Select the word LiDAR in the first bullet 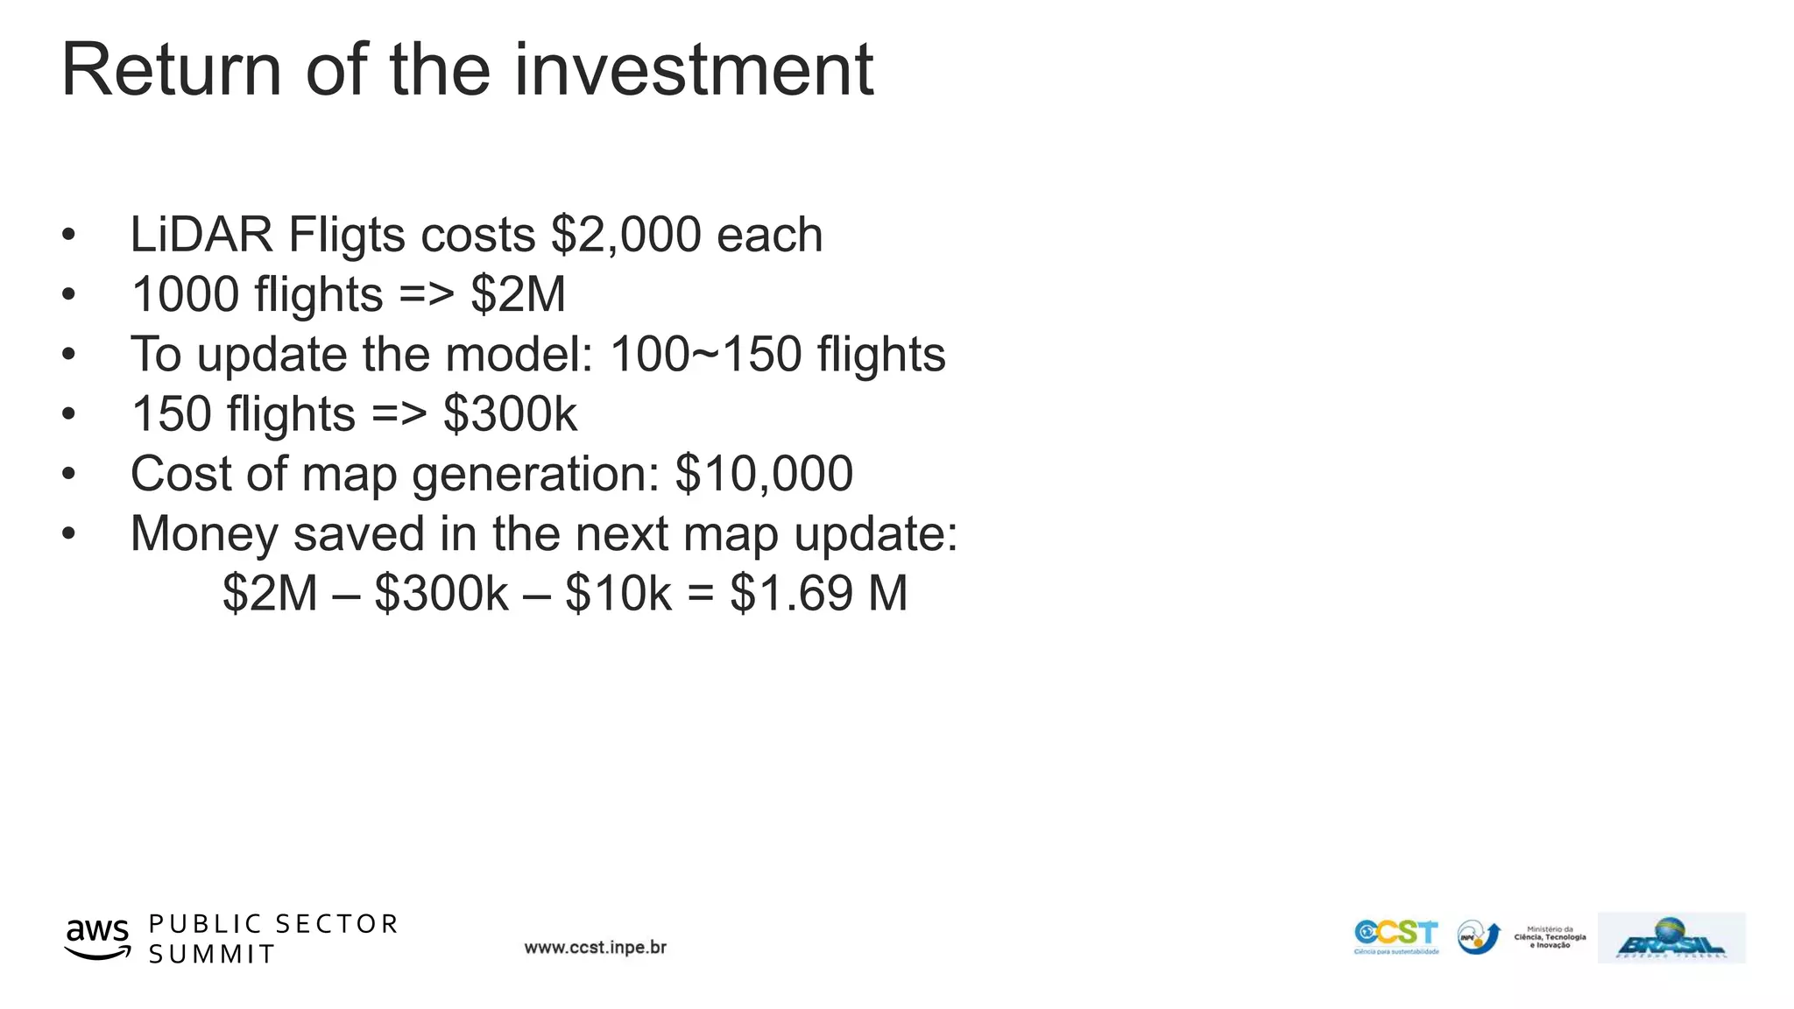pyautogui.click(x=201, y=235)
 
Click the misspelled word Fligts pyautogui.click(x=347, y=235)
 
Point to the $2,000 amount pyautogui.click(x=626, y=235)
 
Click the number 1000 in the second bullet pyautogui.click(x=184, y=294)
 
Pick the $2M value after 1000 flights pyautogui.click(x=518, y=294)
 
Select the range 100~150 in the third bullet pyautogui.click(x=705, y=354)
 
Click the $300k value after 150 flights pyautogui.click(x=510, y=413)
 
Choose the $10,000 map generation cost pyautogui.click(x=764, y=474)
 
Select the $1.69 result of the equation pyautogui.click(x=792, y=593)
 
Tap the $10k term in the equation pyautogui.click(x=618, y=593)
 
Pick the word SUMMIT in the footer pyautogui.click(x=212, y=955)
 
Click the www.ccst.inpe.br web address pyautogui.click(x=596, y=948)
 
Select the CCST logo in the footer pyautogui.click(x=1396, y=935)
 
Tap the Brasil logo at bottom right pyautogui.click(x=1671, y=939)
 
